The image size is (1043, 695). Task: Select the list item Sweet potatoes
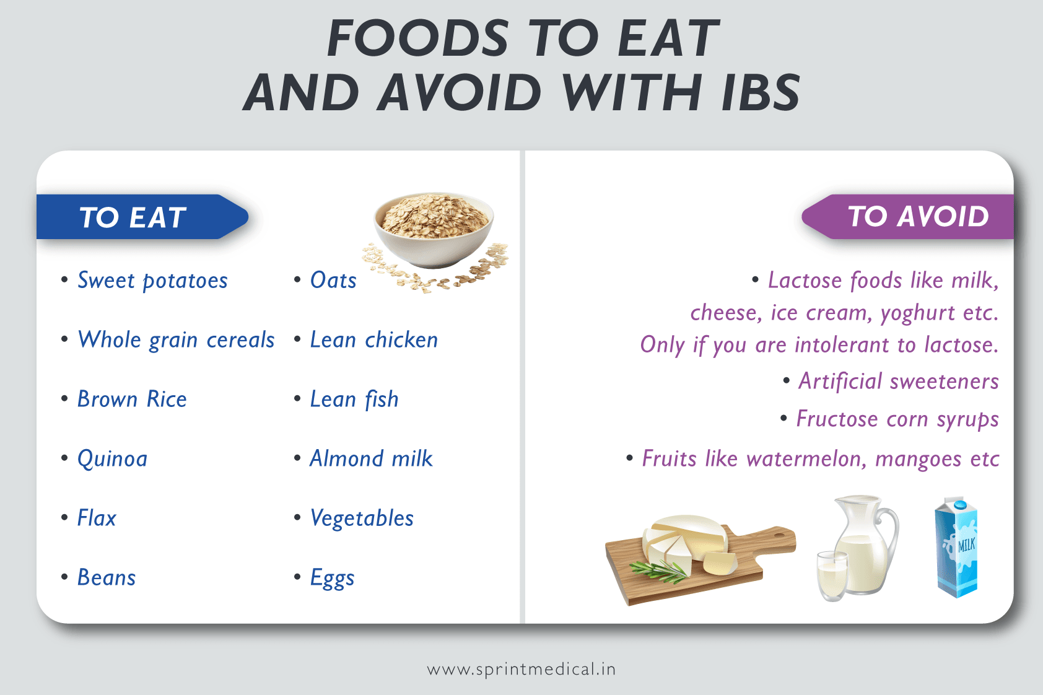pyautogui.click(x=152, y=281)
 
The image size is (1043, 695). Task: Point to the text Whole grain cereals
pyautogui.click(x=176, y=340)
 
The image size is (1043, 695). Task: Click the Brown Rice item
pyautogui.click(x=132, y=400)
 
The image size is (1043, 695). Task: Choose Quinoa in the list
pyautogui.click(x=112, y=459)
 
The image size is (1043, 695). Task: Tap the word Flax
pyautogui.click(x=97, y=518)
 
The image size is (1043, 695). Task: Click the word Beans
pyautogui.click(x=107, y=578)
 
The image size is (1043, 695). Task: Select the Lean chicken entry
pyautogui.click(x=373, y=340)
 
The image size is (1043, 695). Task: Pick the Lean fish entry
pyautogui.click(x=354, y=400)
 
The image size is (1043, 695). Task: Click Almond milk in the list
pyautogui.click(x=371, y=459)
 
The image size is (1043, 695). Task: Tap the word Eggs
pyautogui.click(x=332, y=578)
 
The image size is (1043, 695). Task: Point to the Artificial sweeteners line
pyautogui.click(x=898, y=382)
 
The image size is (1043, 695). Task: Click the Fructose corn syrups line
pyautogui.click(x=897, y=419)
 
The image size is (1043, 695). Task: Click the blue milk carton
pyautogui.click(x=956, y=548)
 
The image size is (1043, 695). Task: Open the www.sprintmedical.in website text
pyautogui.click(x=521, y=670)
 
